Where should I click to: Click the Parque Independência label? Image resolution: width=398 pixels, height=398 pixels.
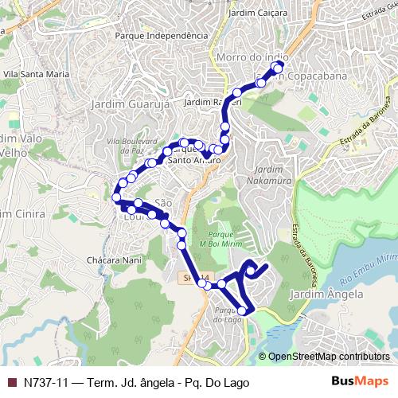155,36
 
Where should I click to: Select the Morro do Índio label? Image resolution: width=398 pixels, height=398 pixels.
251,57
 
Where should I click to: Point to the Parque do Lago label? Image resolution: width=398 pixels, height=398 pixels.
228,314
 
